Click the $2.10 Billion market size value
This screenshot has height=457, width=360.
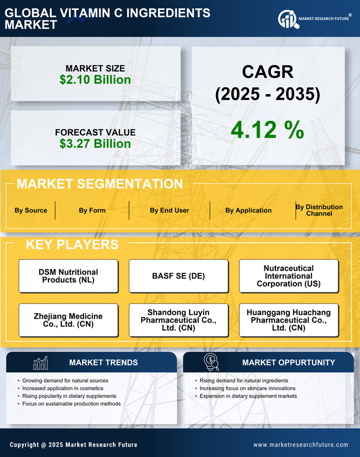(x=95, y=80)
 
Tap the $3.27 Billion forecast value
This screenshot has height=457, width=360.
(x=95, y=144)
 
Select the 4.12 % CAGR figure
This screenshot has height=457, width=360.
(x=267, y=130)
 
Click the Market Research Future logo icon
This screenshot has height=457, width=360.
(x=288, y=19)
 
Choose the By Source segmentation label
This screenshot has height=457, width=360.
(x=31, y=210)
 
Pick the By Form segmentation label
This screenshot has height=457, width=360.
(x=92, y=210)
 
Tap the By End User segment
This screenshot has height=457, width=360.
(x=169, y=210)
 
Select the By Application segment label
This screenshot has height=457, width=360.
(x=248, y=210)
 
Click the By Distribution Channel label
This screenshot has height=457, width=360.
(x=319, y=210)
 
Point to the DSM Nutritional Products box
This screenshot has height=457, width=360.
(x=68, y=276)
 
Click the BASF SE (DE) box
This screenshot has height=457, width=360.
(x=178, y=276)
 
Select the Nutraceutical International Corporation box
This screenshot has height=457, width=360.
(x=289, y=276)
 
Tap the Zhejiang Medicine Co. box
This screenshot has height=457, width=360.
(x=68, y=320)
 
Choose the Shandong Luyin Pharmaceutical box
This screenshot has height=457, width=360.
(x=178, y=320)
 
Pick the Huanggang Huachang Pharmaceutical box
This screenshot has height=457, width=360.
(x=289, y=320)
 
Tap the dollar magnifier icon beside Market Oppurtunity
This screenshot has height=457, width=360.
(x=211, y=362)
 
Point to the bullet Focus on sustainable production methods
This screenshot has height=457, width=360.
(x=71, y=404)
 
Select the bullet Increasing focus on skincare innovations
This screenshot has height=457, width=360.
(x=248, y=388)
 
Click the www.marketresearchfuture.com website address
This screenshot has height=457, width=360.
(x=301, y=445)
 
